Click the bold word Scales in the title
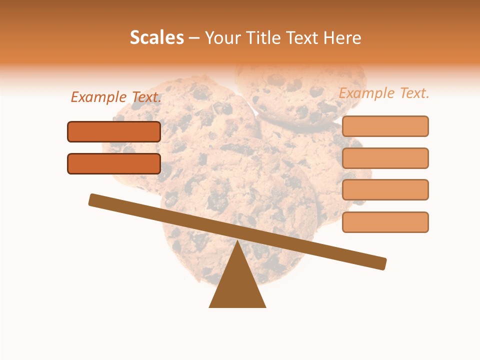click(156, 37)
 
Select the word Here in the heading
click(342, 38)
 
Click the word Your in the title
click(222, 38)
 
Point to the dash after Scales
click(194, 38)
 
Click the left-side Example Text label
click(116, 97)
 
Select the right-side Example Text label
click(384, 93)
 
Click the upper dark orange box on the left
click(114, 131)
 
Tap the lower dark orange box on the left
click(114, 163)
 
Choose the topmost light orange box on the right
click(385, 126)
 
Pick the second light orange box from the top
click(385, 158)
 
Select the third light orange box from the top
click(385, 189)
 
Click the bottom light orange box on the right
click(385, 222)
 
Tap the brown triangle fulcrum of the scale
click(237, 285)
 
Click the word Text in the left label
click(146, 97)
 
